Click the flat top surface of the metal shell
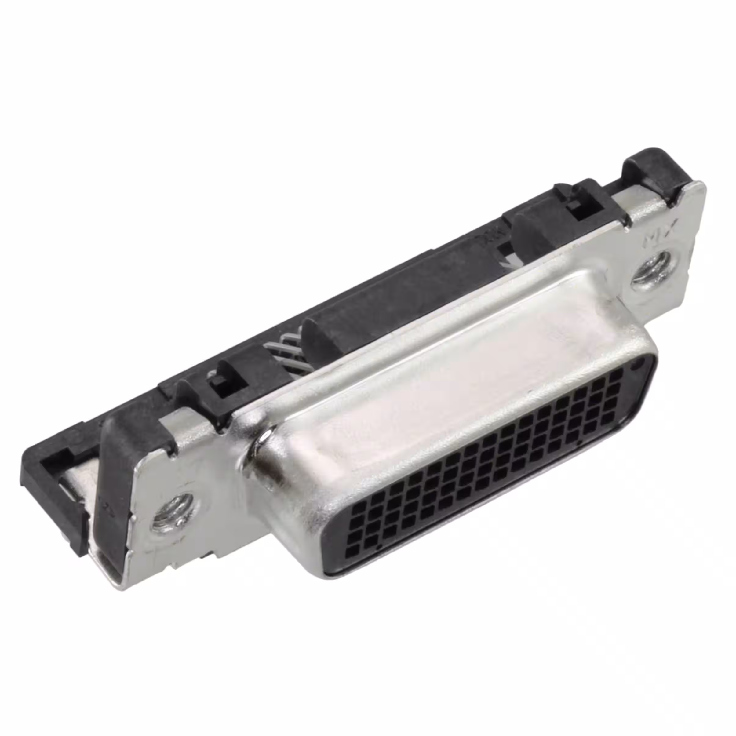[x=457, y=351]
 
